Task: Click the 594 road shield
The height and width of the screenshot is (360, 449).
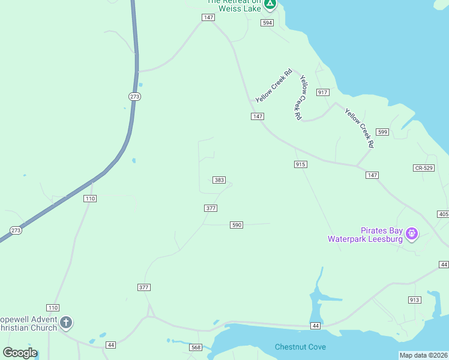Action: [x=267, y=23]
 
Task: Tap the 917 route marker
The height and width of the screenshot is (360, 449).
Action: [x=323, y=92]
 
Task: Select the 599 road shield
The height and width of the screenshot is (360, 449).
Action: [x=382, y=131]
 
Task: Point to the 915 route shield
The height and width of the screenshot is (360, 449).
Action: [x=301, y=164]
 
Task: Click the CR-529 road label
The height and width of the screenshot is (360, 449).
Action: [x=423, y=169]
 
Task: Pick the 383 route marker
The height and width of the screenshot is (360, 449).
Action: [x=219, y=180]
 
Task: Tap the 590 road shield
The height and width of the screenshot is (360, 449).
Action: [x=237, y=225]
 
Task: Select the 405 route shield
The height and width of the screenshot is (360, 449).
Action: [x=444, y=214]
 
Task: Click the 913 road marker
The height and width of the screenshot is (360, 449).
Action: [x=414, y=300]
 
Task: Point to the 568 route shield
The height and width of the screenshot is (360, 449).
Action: [x=196, y=347]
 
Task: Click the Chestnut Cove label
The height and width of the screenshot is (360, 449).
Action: [x=300, y=347]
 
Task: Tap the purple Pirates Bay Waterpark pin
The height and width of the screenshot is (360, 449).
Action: [x=411, y=233]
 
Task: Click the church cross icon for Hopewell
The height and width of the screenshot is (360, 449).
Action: [x=66, y=323]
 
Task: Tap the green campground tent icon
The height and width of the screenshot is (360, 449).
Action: [x=270, y=4]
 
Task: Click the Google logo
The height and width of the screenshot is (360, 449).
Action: [x=20, y=353]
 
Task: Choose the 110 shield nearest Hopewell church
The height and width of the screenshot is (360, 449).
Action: [x=53, y=307]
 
